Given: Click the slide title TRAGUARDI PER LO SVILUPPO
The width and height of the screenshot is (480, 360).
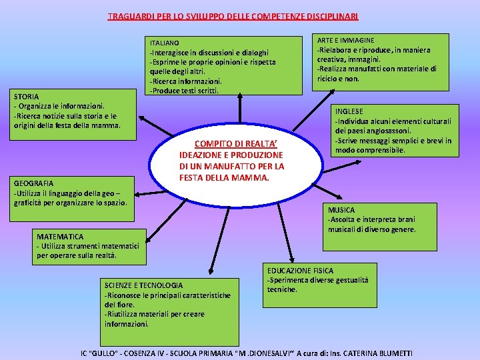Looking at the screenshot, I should click(x=233, y=15).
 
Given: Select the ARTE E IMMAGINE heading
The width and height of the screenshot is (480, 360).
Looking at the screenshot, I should click(x=345, y=41).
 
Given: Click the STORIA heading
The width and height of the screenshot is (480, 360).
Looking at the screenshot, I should click(x=26, y=97).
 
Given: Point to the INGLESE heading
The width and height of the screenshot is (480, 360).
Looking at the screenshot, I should click(x=349, y=111).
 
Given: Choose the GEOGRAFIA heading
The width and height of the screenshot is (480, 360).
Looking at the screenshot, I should click(x=33, y=183).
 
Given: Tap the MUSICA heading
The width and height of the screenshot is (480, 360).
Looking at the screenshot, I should click(x=341, y=210).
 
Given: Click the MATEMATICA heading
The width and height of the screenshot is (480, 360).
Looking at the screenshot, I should click(x=60, y=237).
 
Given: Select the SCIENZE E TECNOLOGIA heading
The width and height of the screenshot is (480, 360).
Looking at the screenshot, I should click(x=143, y=285).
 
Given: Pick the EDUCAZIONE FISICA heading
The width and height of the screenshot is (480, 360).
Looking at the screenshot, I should click(x=300, y=271).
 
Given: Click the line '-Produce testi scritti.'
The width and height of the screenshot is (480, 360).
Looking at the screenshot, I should click(x=184, y=91).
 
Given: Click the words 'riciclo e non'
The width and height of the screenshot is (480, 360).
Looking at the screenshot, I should click(x=338, y=79).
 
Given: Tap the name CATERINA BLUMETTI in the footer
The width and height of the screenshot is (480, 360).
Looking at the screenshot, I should click(x=377, y=353).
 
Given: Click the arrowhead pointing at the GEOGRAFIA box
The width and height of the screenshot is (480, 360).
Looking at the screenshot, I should click(x=132, y=195).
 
